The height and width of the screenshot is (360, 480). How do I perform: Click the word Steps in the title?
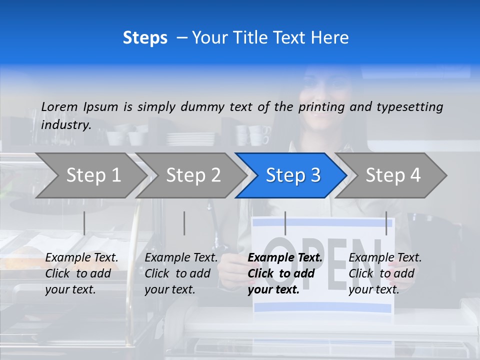[x=145, y=38]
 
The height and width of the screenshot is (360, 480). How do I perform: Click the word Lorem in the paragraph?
[x=59, y=106]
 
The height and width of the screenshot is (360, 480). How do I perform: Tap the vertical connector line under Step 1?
[x=84, y=223]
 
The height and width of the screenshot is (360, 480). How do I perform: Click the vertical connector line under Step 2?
[x=184, y=223]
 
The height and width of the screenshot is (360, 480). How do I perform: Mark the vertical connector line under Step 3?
[x=285, y=223]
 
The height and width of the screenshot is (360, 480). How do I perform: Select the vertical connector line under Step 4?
[x=386, y=223]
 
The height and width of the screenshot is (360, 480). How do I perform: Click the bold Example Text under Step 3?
[x=285, y=258]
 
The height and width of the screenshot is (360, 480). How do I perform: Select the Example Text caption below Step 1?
[x=81, y=258]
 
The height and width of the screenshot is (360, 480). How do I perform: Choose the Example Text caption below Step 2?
[x=181, y=258]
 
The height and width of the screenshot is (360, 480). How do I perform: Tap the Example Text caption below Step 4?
[x=385, y=258]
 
